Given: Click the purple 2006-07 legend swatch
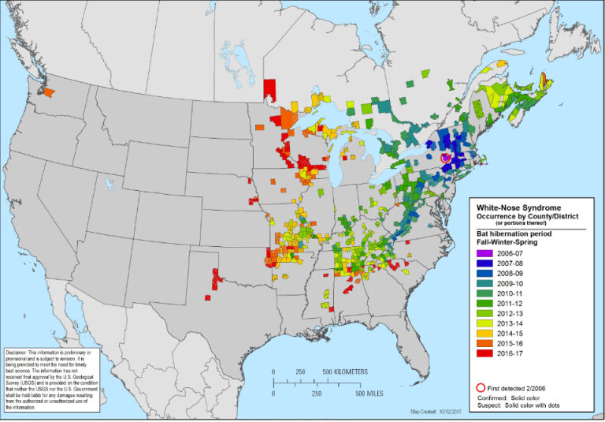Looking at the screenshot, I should click(x=482, y=253).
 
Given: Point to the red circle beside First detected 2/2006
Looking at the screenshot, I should click(x=481, y=387).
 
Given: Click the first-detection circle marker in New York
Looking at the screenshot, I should click(x=446, y=159).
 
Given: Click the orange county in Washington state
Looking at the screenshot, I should click(x=49, y=92).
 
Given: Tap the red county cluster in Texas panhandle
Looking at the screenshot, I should click(x=216, y=278).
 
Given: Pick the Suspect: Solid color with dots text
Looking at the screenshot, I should click(x=527, y=407).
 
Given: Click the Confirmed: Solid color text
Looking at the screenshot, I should click(x=520, y=399).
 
